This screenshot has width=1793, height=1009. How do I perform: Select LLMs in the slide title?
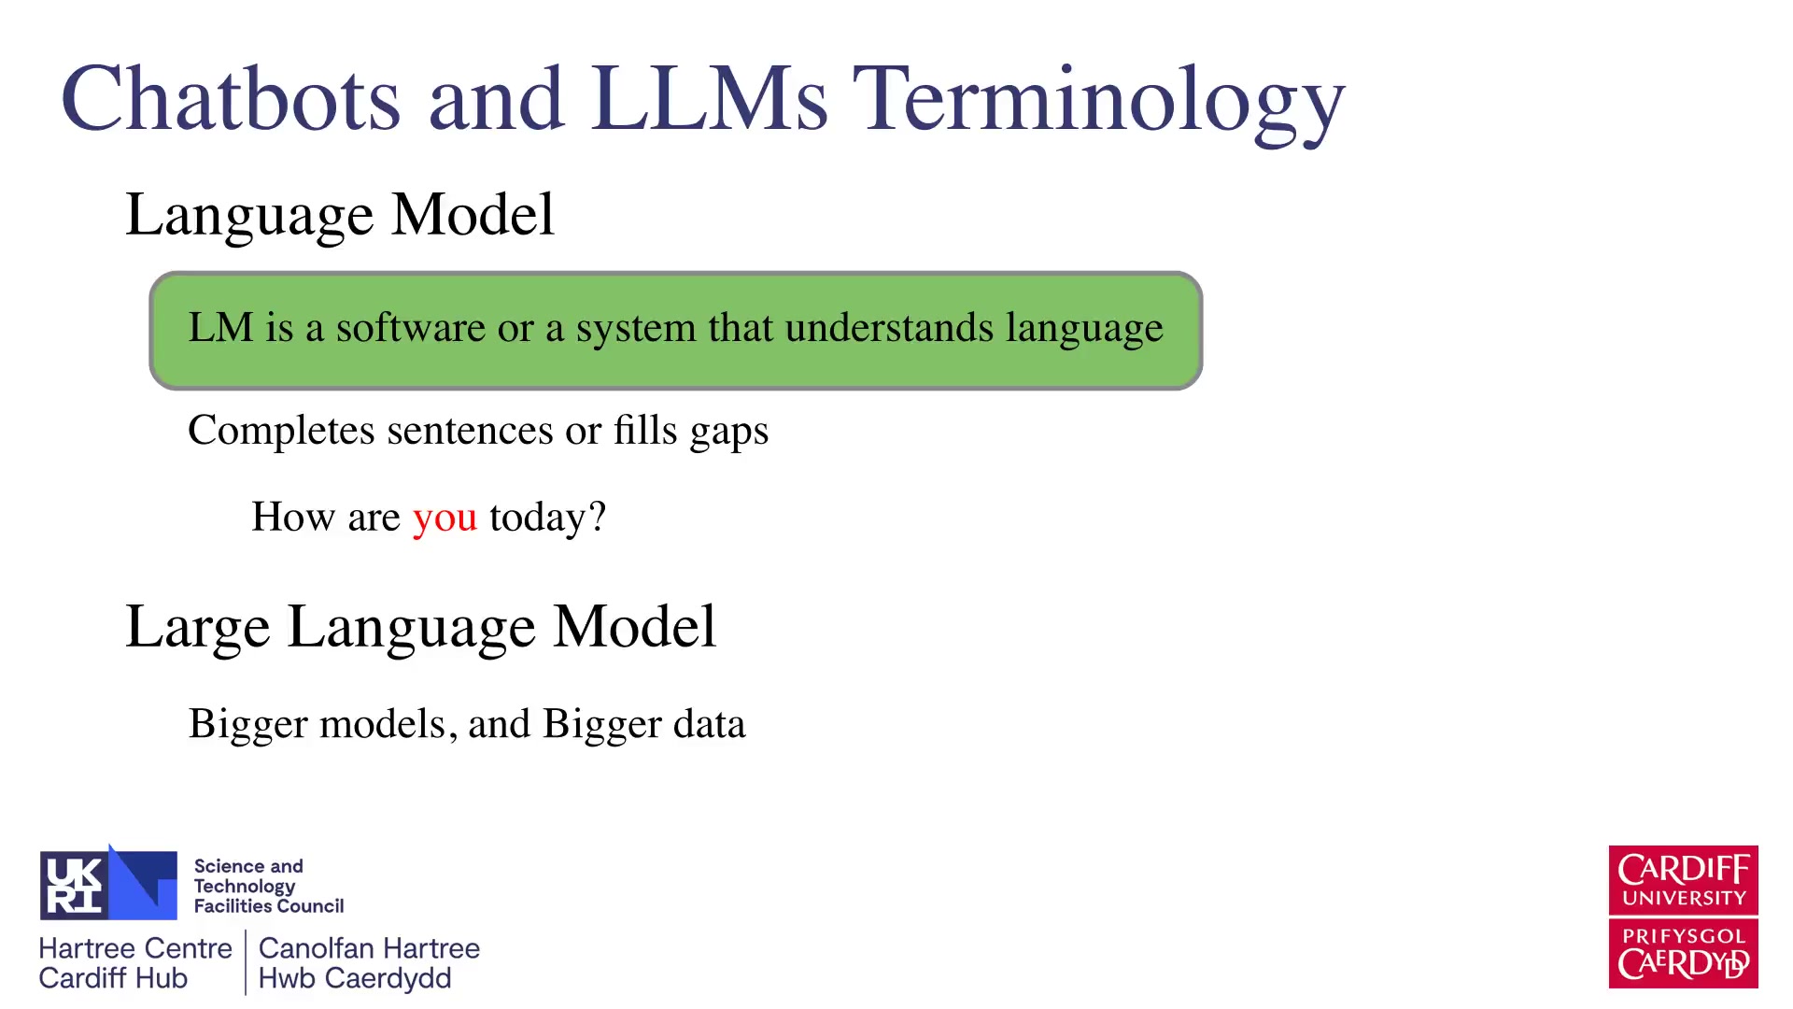pyautogui.click(x=710, y=99)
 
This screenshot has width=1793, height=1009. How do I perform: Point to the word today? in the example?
pyautogui.click(x=548, y=517)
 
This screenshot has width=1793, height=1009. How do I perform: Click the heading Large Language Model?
pyautogui.click(x=421, y=627)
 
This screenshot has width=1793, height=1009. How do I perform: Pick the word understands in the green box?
pyautogui.click(x=889, y=328)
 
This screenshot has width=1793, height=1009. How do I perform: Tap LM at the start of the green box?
pyautogui.click(x=220, y=328)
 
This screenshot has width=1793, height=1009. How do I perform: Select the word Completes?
pyautogui.click(x=281, y=431)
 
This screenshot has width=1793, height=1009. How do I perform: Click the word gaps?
pyautogui.click(x=729, y=433)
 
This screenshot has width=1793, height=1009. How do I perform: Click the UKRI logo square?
pyautogui.click(x=108, y=884)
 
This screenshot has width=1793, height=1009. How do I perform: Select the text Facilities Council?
pyautogui.click(x=269, y=906)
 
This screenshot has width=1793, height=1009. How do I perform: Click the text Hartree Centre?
pyautogui.click(x=135, y=948)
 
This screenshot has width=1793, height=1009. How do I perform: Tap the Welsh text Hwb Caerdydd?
pyautogui.click(x=355, y=979)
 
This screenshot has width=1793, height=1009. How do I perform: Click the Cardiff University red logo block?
pyautogui.click(x=1683, y=880)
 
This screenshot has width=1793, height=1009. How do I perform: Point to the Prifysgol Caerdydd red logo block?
pyautogui.click(x=1683, y=954)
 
